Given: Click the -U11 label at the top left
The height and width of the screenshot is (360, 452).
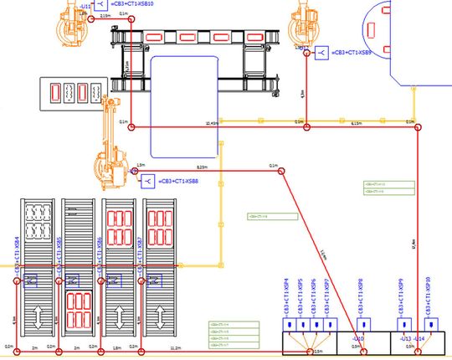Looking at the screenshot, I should (86, 5).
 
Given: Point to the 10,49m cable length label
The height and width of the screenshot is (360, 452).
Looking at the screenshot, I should (212, 124).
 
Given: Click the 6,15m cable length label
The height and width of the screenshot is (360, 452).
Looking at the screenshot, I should (356, 124).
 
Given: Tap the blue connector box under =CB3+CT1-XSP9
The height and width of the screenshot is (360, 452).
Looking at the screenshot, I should (403, 323).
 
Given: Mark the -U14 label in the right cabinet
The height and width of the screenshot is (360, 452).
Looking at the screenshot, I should (421, 338).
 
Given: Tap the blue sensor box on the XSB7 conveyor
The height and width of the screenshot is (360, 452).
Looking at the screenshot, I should (154, 279).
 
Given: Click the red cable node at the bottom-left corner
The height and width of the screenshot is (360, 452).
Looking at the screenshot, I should (18, 346).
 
